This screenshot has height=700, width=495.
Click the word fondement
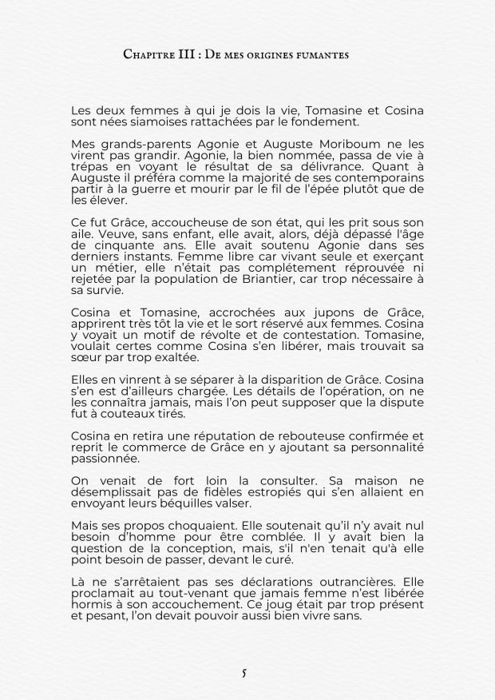coord(325,122)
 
